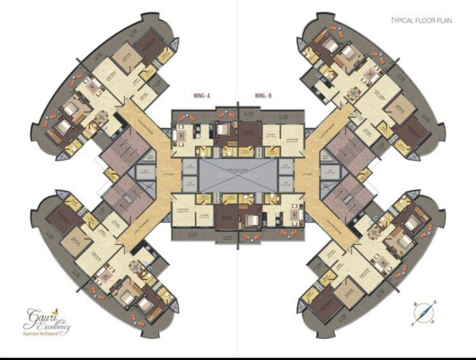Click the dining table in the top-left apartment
coord(102,116)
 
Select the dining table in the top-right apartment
coord(353,94)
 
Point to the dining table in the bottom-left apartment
coord(135,268)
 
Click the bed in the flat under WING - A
coord(221,133)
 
